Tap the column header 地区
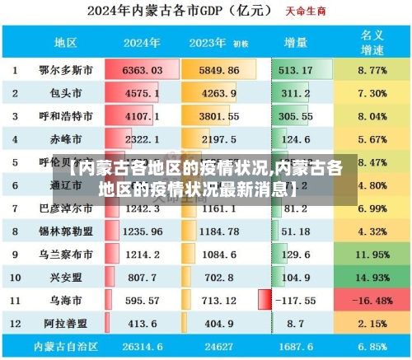(66, 42)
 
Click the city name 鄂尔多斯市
(66, 71)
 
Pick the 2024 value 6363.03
(142, 71)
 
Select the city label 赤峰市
(66, 140)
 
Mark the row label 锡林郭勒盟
(66, 232)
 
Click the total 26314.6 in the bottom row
(142, 348)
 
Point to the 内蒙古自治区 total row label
(66, 348)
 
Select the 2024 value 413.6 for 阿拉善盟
(142, 325)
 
